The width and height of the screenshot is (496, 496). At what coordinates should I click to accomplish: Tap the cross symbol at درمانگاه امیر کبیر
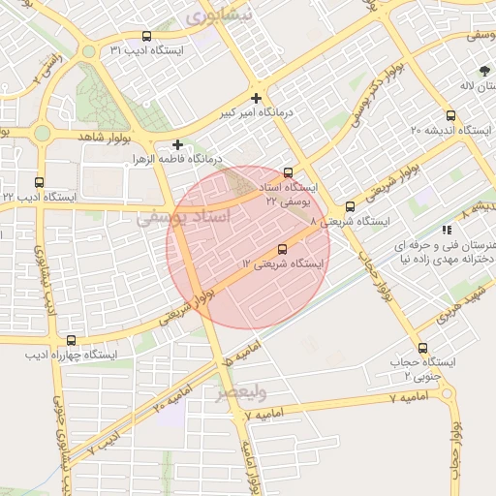pyautogui.click(x=256, y=98)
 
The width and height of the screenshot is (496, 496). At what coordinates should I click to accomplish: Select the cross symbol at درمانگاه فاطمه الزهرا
pyautogui.click(x=177, y=144)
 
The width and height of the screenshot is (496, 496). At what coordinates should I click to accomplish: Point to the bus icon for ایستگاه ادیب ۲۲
pyautogui.click(x=40, y=182)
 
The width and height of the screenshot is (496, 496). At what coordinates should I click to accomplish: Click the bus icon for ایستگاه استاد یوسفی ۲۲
pyautogui.click(x=287, y=172)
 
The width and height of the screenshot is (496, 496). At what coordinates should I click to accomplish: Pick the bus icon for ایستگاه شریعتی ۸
pyautogui.click(x=350, y=206)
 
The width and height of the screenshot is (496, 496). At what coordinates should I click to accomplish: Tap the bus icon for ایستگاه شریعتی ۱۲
pyautogui.click(x=282, y=249)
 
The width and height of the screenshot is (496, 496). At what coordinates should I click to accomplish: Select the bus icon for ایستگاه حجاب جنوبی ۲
pyautogui.click(x=422, y=348)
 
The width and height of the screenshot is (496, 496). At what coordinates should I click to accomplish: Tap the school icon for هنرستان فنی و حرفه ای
pyautogui.click(x=447, y=230)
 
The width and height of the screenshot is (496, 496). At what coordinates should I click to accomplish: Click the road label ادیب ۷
pyautogui.click(x=104, y=443)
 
